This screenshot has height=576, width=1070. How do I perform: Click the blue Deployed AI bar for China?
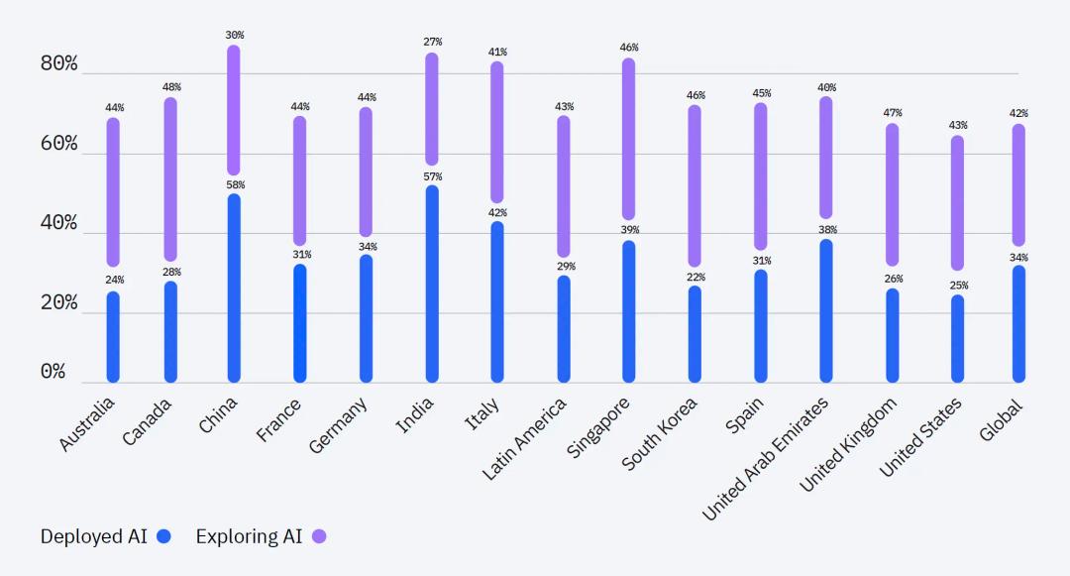tap(234, 288)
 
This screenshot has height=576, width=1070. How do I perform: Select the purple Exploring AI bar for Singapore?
tap(628, 139)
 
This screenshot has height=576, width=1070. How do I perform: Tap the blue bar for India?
tap(432, 284)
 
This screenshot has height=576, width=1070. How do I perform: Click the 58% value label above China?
tap(235, 185)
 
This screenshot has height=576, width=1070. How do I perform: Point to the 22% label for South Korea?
tap(695, 277)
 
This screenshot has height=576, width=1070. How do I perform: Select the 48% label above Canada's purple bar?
tap(171, 87)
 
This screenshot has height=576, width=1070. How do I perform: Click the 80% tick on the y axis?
tap(58, 64)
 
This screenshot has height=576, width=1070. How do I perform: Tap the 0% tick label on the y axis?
tap(53, 372)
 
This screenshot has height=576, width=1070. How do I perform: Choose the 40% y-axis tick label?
tap(58, 223)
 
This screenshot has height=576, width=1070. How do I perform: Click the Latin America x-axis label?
tap(525, 438)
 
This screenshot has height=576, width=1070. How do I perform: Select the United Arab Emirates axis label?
tap(765, 457)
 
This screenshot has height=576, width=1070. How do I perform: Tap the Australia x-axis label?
tap(87, 424)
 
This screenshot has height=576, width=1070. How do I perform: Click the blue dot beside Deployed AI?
tap(163, 536)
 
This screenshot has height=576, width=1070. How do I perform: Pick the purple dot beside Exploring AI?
tap(319, 536)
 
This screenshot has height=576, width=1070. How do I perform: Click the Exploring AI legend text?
tap(249, 536)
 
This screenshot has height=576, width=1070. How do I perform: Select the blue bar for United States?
tap(957, 338)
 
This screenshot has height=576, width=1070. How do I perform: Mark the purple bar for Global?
tap(1018, 185)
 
